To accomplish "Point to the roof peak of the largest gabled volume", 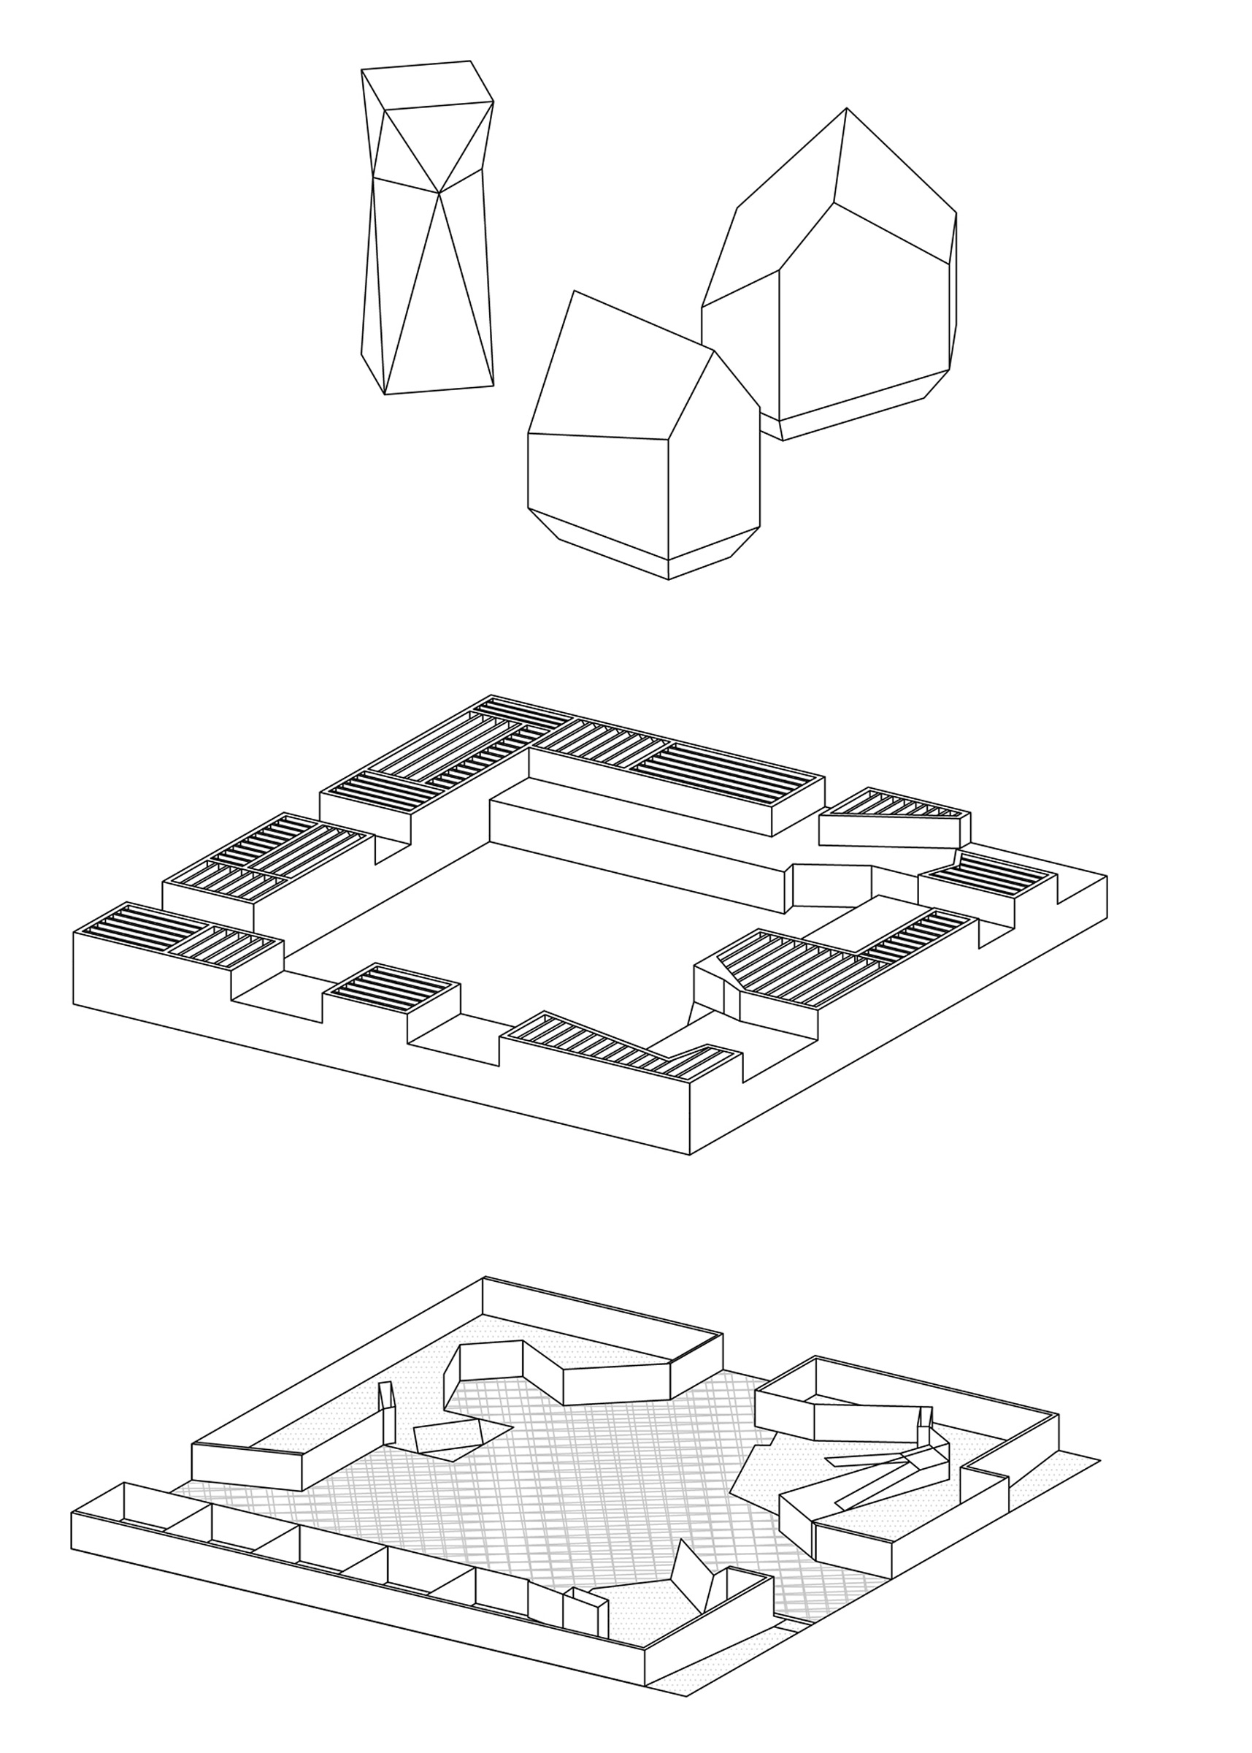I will click(x=845, y=109).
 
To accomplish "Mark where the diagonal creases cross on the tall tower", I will click(x=439, y=193).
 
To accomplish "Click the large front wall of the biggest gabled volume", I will click(x=864, y=324).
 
